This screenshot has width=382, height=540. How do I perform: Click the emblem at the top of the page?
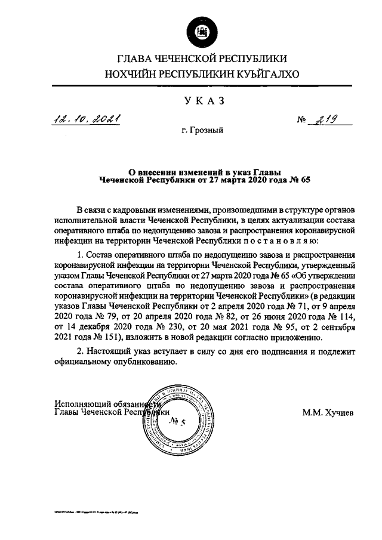(x=196, y=30)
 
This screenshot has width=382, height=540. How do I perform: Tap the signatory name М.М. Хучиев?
(x=328, y=412)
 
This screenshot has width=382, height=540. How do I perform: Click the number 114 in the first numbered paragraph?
(x=347, y=317)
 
